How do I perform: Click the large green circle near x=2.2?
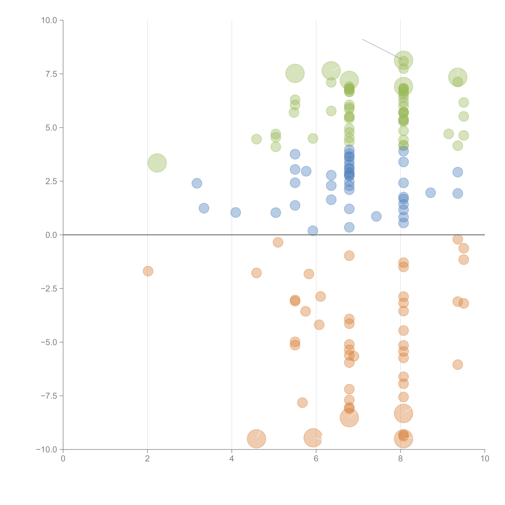(x=157, y=163)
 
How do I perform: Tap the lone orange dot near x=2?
(x=148, y=271)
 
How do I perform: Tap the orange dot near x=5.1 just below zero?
(x=278, y=242)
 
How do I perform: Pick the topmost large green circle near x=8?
(x=403, y=60)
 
